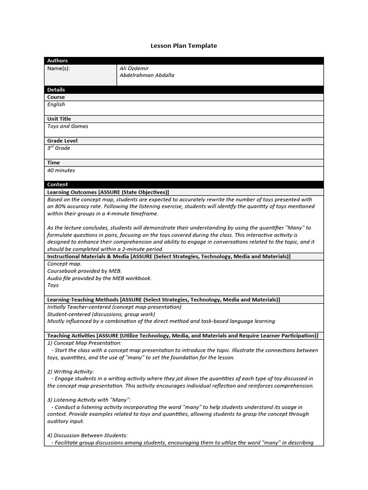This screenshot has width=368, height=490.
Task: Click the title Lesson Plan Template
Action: click(x=184, y=46)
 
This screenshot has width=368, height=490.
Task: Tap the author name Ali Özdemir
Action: click(x=134, y=68)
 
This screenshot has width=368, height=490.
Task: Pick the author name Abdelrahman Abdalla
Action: click(x=147, y=75)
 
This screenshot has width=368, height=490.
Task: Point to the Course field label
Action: click(x=56, y=97)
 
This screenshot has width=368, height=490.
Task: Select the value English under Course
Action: click(x=56, y=104)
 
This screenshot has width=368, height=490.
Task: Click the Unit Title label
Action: click(x=59, y=119)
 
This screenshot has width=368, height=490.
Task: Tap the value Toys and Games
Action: click(x=68, y=126)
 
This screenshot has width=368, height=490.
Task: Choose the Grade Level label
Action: click(x=62, y=141)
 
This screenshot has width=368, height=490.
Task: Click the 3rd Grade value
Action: click(x=58, y=148)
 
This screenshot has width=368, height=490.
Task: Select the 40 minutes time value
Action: click(x=61, y=170)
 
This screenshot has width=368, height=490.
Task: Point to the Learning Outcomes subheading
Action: click(x=108, y=192)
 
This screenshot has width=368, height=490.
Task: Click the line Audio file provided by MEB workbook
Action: click(x=99, y=278)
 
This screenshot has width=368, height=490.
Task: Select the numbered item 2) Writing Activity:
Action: click(x=70, y=371)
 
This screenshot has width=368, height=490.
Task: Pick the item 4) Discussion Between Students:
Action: click(x=87, y=435)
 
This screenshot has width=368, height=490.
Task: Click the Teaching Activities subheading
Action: click(x=182, y=336)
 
